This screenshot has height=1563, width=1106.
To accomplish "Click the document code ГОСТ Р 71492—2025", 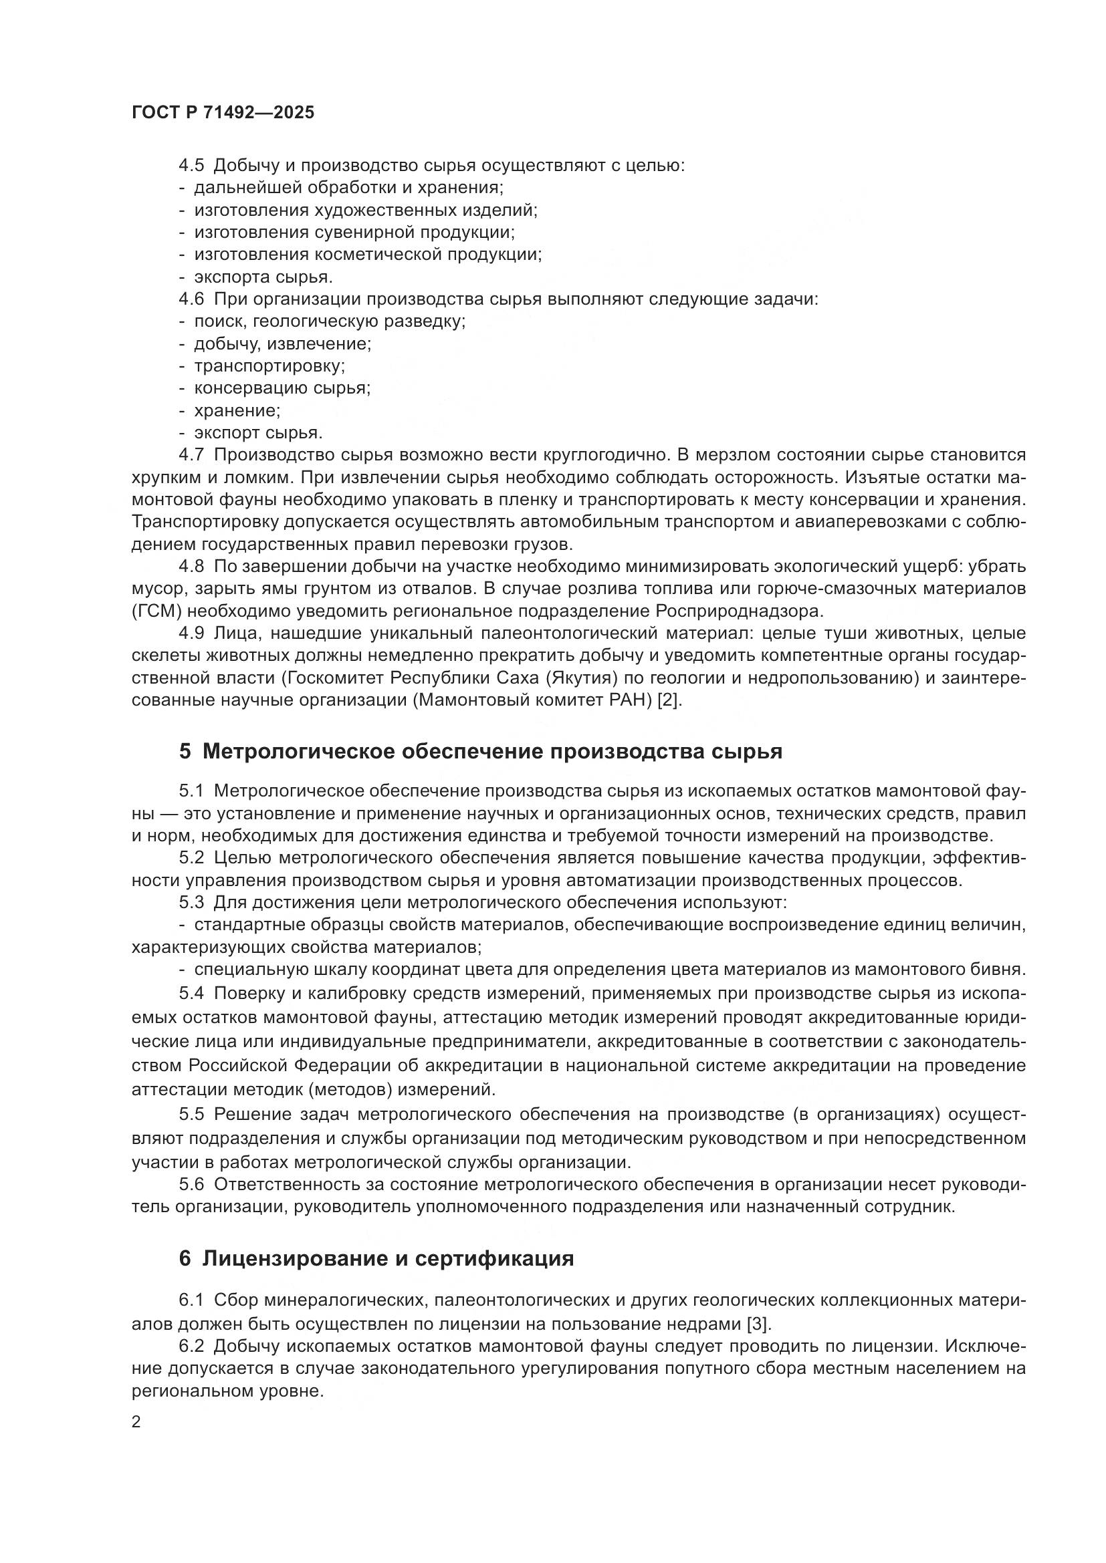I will click(x=223, y=112).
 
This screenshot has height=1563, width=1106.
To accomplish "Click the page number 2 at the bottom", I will click(x=136, y=1422).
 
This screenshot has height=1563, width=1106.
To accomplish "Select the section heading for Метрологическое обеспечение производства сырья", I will click(x=480, y=752).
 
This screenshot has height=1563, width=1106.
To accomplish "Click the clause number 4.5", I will click(x=191, y=166).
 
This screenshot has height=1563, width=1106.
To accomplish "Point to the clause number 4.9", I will click(x=191, y=633).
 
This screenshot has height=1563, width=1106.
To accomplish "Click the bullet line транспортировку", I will click(x=269, y=366).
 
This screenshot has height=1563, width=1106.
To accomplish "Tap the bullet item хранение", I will click(x=236, y=410).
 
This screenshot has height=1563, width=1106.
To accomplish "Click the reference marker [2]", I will click(x=669, y=700).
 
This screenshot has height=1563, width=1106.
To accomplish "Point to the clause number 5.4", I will click(x=191, y=993).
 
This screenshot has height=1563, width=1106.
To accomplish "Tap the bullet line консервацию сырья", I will click(x=282, y=388).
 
